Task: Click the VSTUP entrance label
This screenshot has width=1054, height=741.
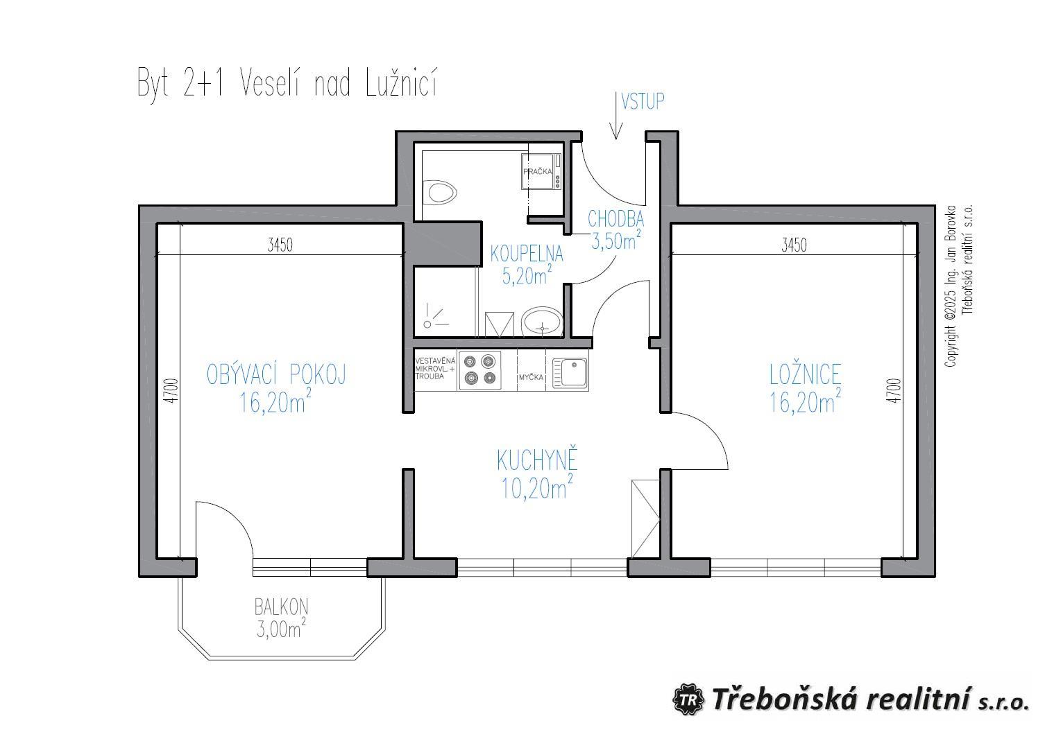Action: (643, 102)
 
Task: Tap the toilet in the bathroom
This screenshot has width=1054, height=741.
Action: (440, 192)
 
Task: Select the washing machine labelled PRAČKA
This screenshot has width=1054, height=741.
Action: (541, 172)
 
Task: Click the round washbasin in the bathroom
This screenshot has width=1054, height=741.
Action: (542, 322)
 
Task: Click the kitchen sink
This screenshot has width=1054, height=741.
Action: (570, 374)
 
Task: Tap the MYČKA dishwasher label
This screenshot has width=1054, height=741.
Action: (532, 377)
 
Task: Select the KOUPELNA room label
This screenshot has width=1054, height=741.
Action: (527, 254)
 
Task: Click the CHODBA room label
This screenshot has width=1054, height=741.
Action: (615, 218)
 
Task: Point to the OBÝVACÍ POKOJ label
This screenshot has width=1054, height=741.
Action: (276, 375)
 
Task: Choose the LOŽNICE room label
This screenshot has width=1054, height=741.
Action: (805, 375)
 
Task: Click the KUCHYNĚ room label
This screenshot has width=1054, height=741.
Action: (537, 460)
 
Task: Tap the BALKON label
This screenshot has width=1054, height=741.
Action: (282, 607)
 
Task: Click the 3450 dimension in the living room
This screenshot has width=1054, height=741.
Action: (280, 245)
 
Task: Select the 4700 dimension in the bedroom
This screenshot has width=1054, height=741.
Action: (896, 390)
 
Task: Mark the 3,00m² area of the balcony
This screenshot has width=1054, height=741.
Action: (282, 629)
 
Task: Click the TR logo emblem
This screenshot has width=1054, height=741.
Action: (688, 699)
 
